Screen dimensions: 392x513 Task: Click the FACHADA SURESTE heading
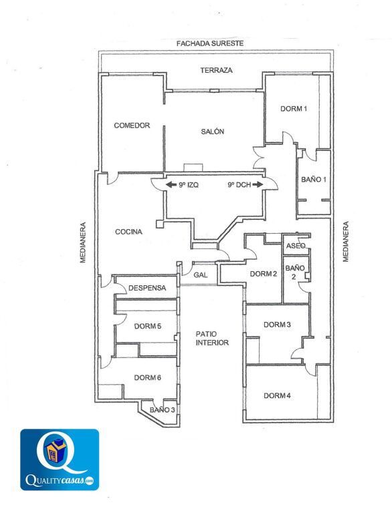(210, 43)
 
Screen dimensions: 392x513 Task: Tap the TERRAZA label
(216, 70)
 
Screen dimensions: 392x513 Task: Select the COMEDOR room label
(132, 126)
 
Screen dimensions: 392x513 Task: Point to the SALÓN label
(212, 132)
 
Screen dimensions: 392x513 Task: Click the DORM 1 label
(294, 109)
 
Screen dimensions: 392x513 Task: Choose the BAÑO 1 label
(314, 179)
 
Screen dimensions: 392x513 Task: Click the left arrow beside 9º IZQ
(171, 185)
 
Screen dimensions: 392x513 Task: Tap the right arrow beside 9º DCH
(258, 184)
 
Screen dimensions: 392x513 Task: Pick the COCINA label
(128, 232)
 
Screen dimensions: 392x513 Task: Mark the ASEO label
(296, 246)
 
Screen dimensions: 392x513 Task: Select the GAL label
(200, 275)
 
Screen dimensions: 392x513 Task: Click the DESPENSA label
(147, 288)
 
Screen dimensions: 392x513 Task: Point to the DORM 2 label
(264, 274)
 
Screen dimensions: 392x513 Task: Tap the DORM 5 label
(147, 326)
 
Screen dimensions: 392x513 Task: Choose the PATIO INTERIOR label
(212, 338)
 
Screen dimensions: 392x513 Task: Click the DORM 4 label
(277, 395)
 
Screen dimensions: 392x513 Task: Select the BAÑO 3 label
(163, 410)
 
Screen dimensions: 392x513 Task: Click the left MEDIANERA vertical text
(83, 242)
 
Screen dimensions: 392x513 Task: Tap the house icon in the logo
(54, 450)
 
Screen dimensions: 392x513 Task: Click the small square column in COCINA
(159, 224)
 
